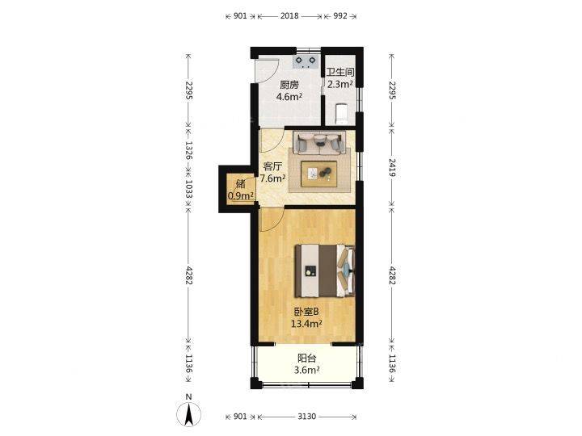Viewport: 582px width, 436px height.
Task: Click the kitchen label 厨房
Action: click(289, 85)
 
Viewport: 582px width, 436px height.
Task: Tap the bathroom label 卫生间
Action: click(340, 73)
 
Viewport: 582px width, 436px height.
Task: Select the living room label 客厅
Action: click(272, 166)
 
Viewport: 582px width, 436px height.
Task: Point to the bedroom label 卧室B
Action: click(306, 312)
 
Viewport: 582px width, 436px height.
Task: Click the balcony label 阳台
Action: click(307, 358)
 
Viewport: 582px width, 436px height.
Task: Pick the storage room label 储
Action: click(241, 183)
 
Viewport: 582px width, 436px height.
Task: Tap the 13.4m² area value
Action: click(306, 324)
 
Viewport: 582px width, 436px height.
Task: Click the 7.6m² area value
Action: click(273, 178)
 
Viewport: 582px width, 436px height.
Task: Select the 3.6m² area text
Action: click(307, 370)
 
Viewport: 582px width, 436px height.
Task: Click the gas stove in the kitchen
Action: click(306, 61)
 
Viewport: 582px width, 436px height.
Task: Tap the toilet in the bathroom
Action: click(341, 114)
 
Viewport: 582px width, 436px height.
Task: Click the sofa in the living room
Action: click(319, 142)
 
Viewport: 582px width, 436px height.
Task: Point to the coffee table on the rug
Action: click(319, 174)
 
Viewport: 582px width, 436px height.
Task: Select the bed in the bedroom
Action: click(325, 270)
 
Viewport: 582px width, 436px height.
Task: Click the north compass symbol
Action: click(189, 413)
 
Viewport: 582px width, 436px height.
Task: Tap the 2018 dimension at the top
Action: click(289, 16)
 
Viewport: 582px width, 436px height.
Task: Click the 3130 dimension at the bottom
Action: click(307, 417)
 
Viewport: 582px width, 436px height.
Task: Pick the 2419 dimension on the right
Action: click(392, 167)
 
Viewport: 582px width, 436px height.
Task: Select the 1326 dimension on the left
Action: click(188, 150)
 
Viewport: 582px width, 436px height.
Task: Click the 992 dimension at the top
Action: click(340, 16)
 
